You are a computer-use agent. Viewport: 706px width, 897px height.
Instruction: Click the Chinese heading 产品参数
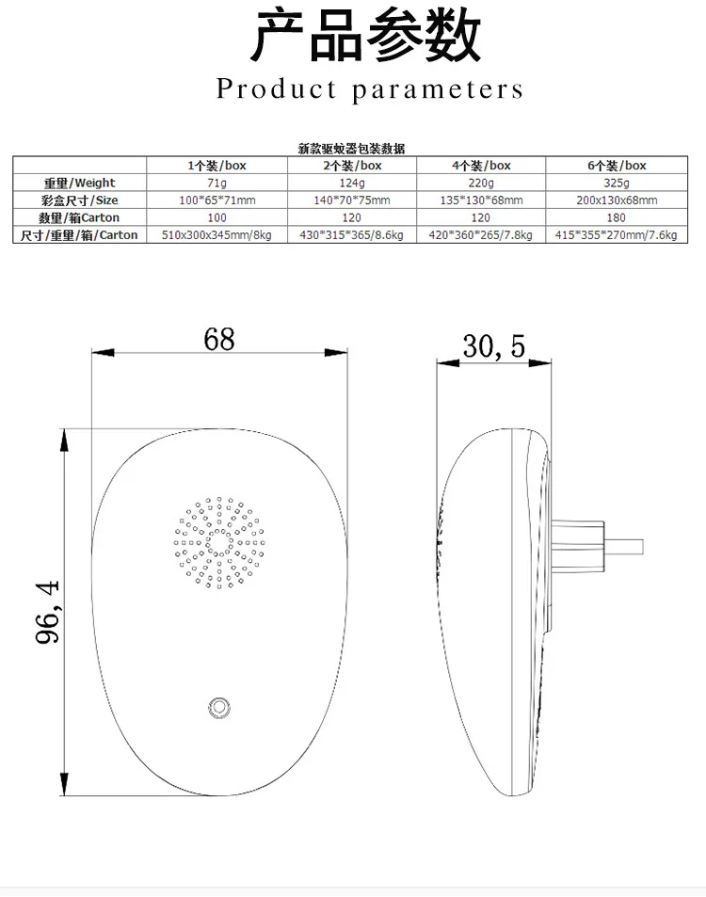366,37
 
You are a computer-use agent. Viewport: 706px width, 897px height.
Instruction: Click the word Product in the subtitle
277,89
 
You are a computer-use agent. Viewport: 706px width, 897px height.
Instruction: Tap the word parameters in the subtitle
439,90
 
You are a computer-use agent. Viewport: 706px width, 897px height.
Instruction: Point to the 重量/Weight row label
80,183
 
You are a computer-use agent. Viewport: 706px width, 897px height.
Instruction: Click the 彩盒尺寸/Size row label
80,200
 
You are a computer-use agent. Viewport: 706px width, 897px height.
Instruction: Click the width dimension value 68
218,339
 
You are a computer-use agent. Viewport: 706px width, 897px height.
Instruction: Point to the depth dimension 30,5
493,347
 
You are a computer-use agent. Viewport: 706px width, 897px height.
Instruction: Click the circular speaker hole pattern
218,543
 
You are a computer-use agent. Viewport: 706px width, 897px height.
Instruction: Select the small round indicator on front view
220,707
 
